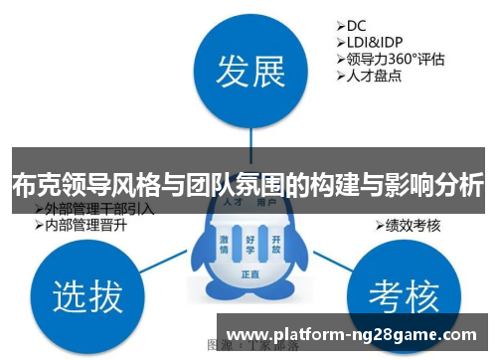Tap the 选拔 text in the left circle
[87, 295]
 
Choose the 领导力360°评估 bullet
[390, 58]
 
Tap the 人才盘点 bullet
[371, 75]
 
